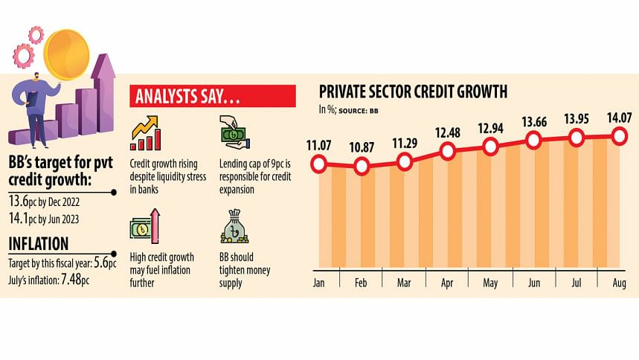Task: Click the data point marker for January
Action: (x=319, y=164)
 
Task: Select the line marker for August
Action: (x=619, y=135)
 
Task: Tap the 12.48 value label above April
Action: (x=448, y=133)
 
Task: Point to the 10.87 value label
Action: (x=362, y=147)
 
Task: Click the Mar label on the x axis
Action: (x=405, y=283)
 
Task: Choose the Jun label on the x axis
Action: (x=533, y=283)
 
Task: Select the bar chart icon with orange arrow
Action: (x=146, y=133)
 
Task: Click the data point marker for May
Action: (x=490, y=147)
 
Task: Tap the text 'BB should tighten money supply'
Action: (x=245, y=270)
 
